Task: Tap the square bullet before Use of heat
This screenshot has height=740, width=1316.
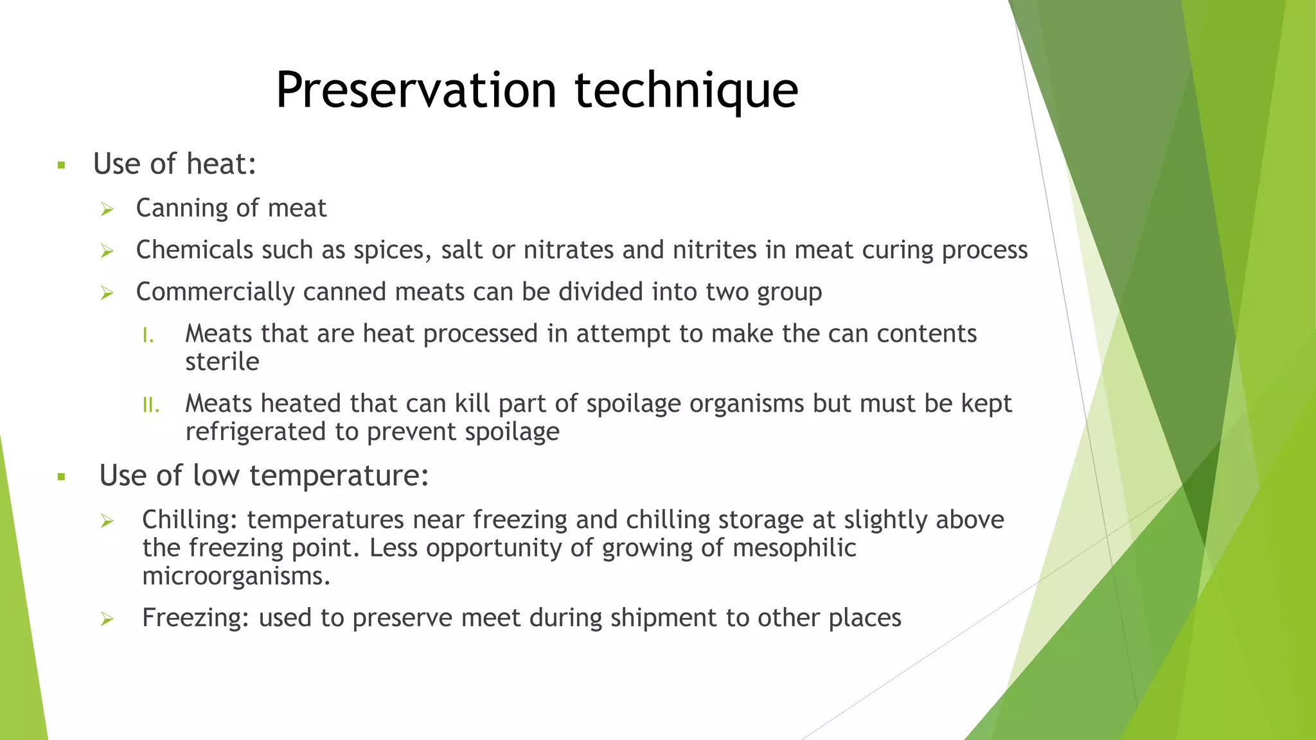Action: point(62,166)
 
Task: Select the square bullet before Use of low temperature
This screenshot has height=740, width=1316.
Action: point(62,477)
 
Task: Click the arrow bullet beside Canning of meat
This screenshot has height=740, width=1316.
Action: point(107,209)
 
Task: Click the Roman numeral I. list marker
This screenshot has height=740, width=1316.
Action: point(148,335)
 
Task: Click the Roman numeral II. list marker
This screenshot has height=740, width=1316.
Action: point(150,405)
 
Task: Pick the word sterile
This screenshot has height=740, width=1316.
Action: point(222,362)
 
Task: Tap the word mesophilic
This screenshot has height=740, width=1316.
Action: point(794,549)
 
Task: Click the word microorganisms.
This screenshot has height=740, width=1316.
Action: point(236,576)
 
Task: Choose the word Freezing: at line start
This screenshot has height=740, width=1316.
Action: point(195,618)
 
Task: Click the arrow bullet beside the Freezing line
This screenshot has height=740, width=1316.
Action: point(107,620)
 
